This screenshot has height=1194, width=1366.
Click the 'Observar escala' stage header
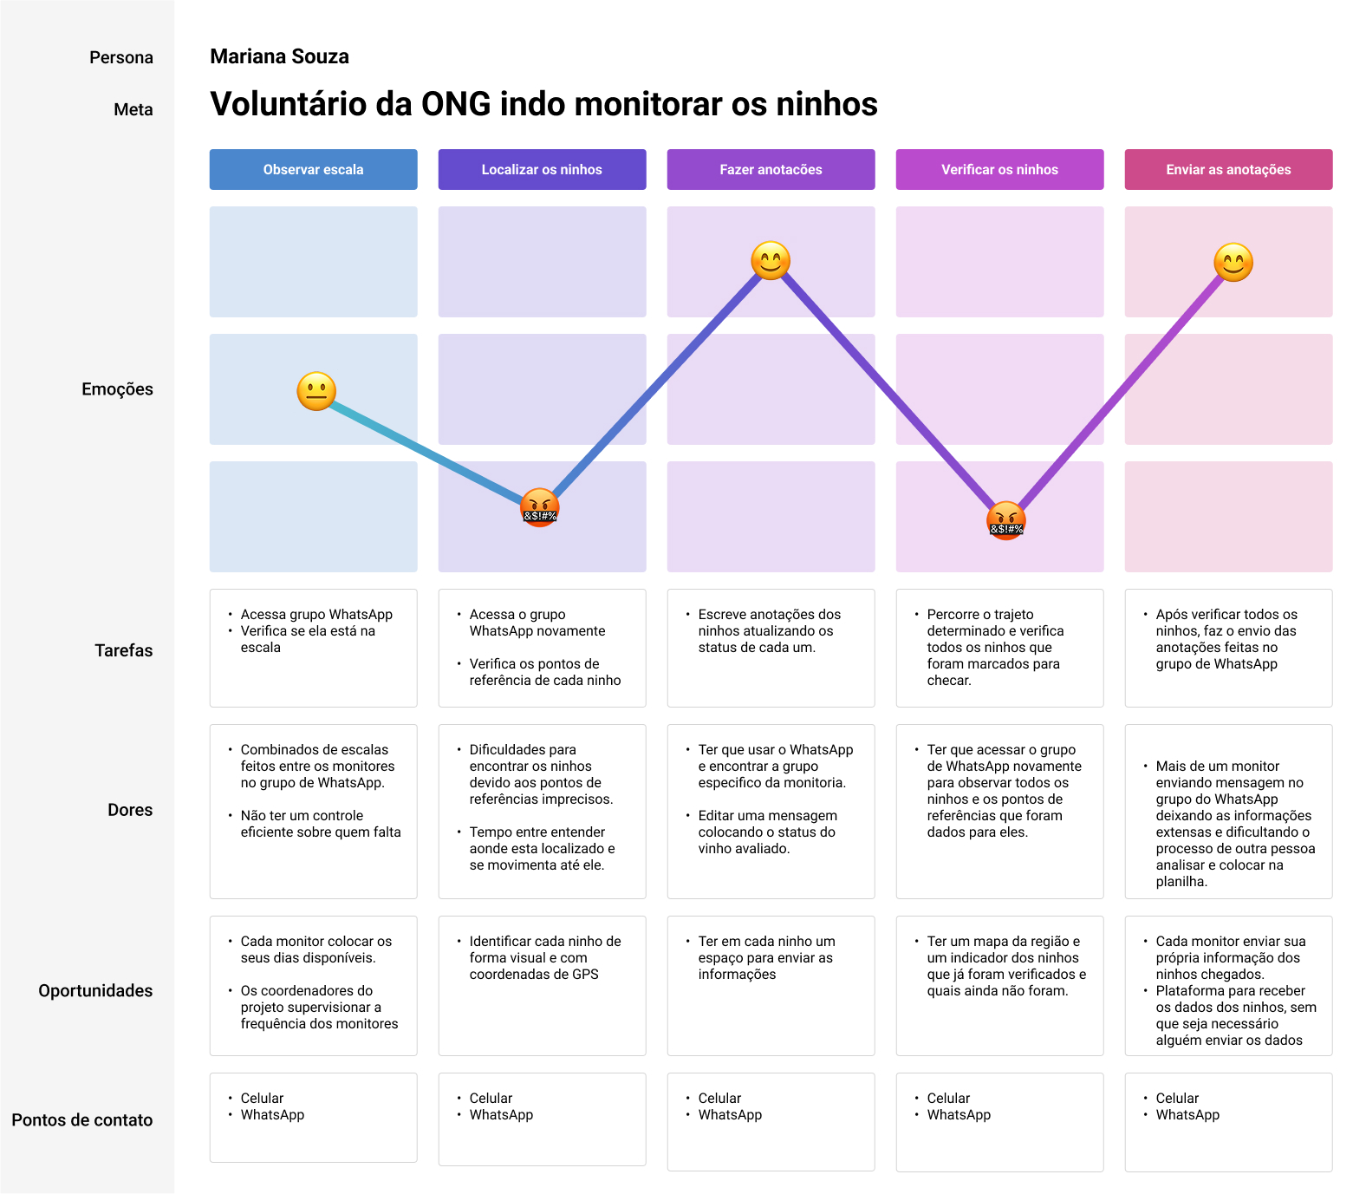(313, 169)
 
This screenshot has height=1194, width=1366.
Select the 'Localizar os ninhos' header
(542, 169)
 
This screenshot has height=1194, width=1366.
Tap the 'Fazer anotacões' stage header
(771, 169)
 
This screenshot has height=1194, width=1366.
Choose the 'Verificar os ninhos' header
(999, 169)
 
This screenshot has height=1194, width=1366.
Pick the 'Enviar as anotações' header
(1228, 169)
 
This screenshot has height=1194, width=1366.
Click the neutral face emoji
(316, 391)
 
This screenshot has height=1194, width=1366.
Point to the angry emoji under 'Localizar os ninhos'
(539, 507)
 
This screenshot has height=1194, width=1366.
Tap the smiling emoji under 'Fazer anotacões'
(771, 260)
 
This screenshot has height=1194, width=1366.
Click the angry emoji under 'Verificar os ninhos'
(1005, 520)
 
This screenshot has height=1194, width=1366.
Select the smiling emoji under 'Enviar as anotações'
(1233, 263)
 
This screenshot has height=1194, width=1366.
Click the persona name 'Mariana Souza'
(279, 56)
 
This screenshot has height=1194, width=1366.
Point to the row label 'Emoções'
(117, 389)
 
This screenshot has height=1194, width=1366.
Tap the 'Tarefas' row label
(123, 650)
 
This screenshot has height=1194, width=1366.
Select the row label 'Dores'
(130, 810)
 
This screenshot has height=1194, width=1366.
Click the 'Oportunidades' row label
(95, 990)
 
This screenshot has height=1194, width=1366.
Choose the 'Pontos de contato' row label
(82, 1119)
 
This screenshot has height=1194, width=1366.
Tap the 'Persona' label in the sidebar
(121, 57)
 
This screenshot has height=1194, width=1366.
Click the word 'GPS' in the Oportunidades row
(585, 974)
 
